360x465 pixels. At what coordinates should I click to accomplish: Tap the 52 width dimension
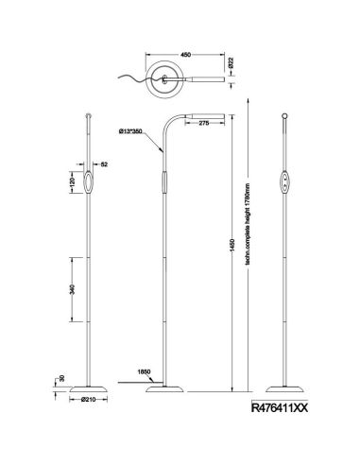pyautogui.click(x=104, y=164)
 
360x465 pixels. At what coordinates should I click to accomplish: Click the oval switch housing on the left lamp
pyautogui.click(x=88, y=181)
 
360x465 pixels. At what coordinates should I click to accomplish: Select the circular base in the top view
pyautogui.click(x=169, y=80)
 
